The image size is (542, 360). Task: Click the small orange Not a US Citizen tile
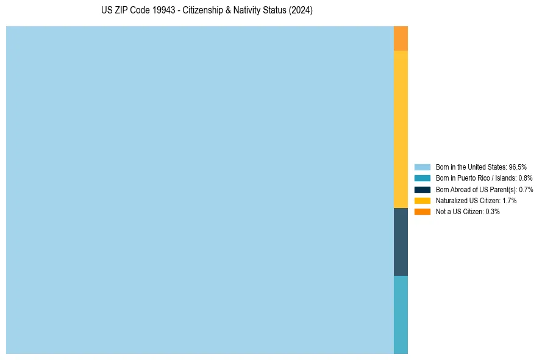(401, 38)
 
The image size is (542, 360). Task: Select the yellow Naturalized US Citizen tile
(401, 129)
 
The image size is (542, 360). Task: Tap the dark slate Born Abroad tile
(401, 242)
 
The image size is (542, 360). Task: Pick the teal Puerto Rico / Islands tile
(401, 314)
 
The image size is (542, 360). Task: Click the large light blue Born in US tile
(200, 190)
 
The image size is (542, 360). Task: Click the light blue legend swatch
(423, 167)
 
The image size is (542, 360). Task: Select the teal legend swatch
(423, 178)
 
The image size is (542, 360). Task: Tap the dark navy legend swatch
(423, 189)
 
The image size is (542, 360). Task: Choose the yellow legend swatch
(423, 200)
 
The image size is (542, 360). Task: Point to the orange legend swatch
(423, 212)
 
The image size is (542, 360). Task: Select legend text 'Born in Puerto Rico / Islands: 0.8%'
(484, 178)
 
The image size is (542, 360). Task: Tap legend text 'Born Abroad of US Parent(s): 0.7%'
(484, 189)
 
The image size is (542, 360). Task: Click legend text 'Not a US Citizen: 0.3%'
(468, 212)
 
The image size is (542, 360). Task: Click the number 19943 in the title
(160, 11)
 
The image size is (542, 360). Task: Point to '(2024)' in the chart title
(301, 11)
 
